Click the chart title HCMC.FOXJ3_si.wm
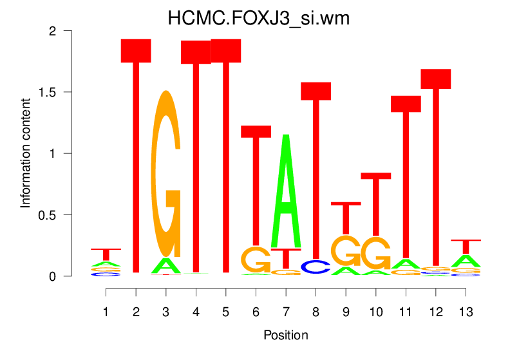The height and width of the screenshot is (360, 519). pos(259,18)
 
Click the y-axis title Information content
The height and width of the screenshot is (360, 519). pos(26,153)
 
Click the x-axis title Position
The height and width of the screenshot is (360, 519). pos(286,336)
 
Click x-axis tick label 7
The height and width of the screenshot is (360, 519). pos(286,312)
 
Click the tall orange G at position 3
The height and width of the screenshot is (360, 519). pos(166,174)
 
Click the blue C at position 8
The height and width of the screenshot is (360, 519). pos(316,267)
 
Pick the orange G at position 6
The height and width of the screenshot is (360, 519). pos(256,260)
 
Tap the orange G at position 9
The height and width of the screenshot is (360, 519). pos(346,251)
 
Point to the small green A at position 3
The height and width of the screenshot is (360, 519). pos(166,265)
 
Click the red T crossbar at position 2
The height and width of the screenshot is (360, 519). pos(136,51)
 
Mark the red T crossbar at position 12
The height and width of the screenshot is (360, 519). pos(436,79)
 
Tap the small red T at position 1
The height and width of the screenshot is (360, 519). pos(106,253)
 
